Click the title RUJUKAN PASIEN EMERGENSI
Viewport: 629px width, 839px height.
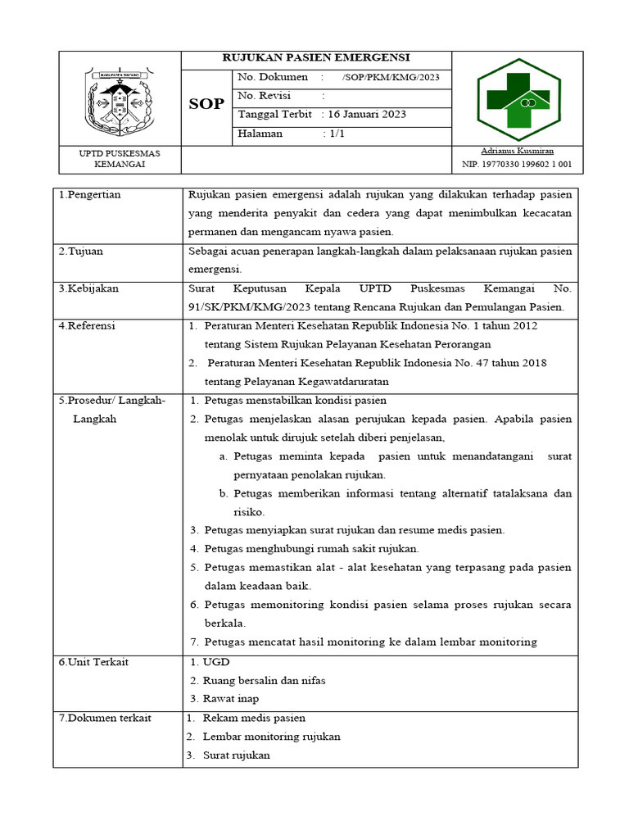[317, 57]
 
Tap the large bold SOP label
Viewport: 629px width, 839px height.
[206, 105]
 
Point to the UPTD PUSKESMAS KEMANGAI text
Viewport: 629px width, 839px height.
[120, 159]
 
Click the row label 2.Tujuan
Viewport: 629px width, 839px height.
[80, 252]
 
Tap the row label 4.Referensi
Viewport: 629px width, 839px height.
[87, 326]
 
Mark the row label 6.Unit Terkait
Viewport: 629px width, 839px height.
[93, 662]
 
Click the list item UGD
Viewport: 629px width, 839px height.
[216, 662]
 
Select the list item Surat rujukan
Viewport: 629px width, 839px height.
[236, 755]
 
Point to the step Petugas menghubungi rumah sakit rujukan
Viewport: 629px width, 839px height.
[311, 548]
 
